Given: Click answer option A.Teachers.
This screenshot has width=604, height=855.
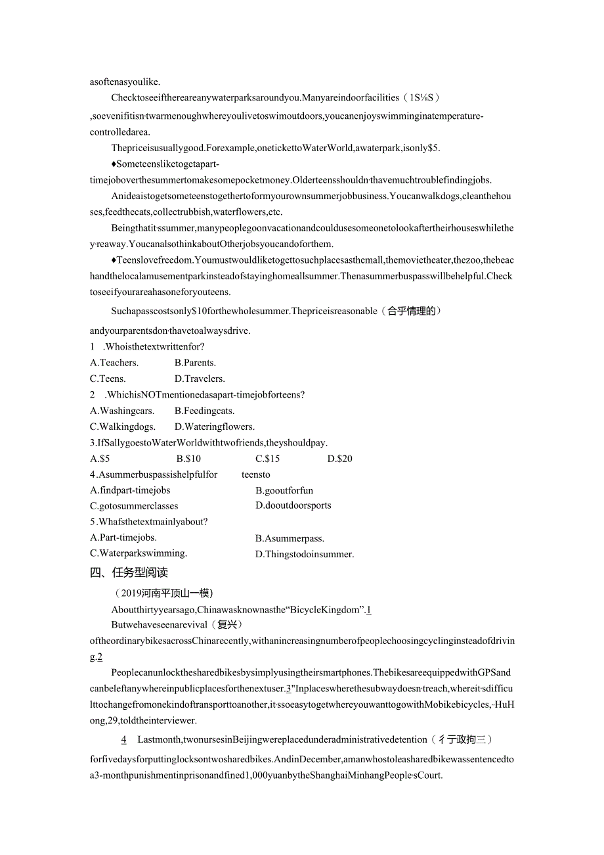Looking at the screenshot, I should click(114, 363).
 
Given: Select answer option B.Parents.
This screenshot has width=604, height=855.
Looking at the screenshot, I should click(195, 363).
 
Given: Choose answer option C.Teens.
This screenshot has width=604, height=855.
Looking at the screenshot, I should click(108, 379).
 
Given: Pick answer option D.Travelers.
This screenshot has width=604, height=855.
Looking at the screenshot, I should click(200, 379).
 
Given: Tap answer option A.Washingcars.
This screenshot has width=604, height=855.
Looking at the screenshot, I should click(122, 411).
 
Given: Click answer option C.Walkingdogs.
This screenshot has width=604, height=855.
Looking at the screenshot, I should click(123, 427).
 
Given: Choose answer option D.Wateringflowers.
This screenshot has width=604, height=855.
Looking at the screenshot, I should click(215, 427).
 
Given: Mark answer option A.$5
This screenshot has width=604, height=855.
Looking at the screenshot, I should click(100, 459).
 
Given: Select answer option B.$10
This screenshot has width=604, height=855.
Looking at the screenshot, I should click(188, 459).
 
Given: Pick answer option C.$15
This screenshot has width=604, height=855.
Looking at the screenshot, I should click(268, 459).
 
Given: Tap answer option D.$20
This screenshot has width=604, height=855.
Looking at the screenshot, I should click(340, 459).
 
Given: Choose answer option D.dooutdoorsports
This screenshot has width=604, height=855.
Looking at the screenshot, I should click(293, 505).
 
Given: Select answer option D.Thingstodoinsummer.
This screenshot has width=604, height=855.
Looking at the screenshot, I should click(305, 554).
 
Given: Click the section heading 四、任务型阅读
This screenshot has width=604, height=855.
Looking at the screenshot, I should click(129, 572).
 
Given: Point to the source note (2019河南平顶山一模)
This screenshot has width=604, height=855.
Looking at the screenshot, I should click(163, 593).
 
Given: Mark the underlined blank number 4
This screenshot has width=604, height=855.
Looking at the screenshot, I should click(123, 740).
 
